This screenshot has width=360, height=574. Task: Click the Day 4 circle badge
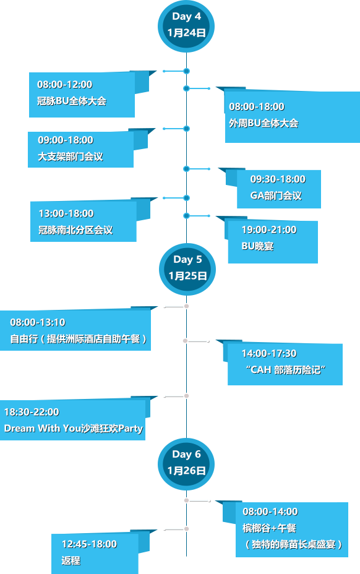186,26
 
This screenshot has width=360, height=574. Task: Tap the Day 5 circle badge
187,269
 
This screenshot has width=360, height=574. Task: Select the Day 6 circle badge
186,464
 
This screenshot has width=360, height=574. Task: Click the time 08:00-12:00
65,85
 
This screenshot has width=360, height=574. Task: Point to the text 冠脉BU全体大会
72,101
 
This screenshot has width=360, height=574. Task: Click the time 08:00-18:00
257,106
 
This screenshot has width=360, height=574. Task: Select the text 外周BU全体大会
264,123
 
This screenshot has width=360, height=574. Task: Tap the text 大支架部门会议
71,156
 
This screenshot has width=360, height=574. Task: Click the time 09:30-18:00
278,179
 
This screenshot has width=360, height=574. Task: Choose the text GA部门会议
276,195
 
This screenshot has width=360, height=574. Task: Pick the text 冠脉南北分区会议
75,230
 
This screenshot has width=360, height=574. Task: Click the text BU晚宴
257,246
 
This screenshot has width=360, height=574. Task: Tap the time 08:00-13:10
38,322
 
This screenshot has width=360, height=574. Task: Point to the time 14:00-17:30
269,353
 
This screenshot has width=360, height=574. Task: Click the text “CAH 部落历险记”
286,370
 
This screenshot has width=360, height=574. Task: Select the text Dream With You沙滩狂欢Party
74,428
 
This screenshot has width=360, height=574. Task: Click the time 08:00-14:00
270,512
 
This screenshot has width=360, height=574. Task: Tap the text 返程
71,560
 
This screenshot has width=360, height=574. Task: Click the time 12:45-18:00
89,544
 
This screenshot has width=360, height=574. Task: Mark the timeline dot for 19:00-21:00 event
186,216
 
